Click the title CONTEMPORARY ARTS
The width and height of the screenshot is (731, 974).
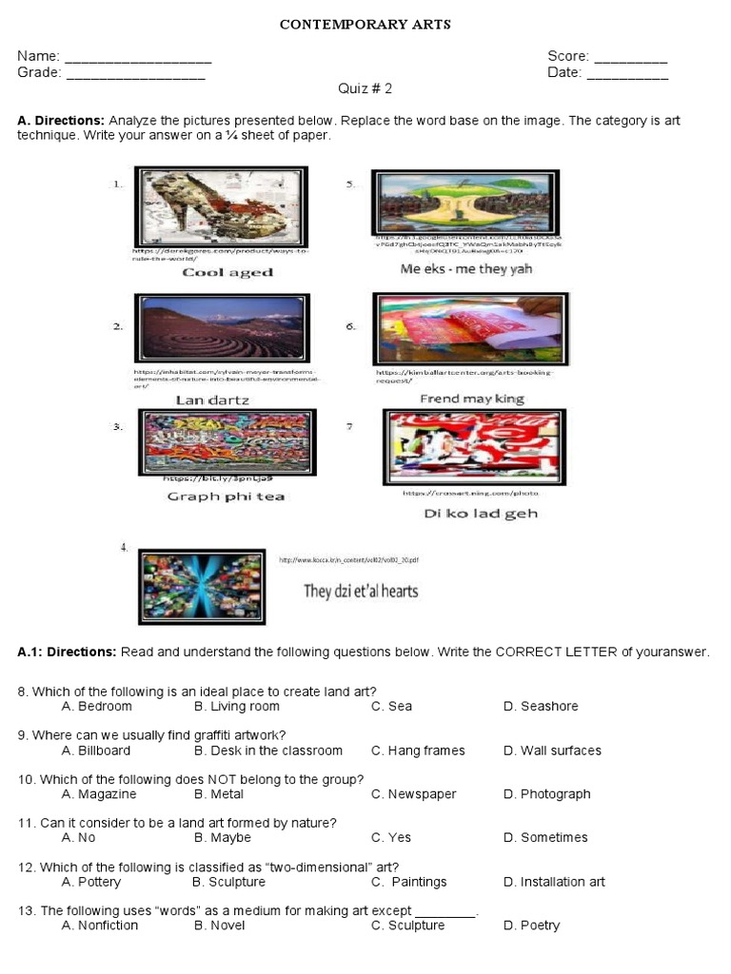pyautogui.click(x=365, y=25)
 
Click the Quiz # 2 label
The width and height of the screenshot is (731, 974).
pyautogui.click(x=365, y=88)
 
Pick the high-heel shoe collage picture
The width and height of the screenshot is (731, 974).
pyautogui.click(x=221, y=207)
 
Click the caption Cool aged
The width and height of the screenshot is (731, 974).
pyautogui.click(x=227, y=272)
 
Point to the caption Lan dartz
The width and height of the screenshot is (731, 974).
pyautogui.click(x=212, y=400)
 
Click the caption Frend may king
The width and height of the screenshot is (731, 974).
pyautogui.click(x=472, y=399)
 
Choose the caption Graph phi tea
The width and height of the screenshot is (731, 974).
pyautogui.click(x=226, y=496)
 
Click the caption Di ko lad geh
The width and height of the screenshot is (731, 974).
pyautogui.click(x=481, y=514)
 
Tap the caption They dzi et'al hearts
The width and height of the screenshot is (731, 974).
pyautogui.click(x=361, y=591)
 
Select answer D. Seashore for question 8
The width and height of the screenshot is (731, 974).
pyautogui.click(x=541, y=707)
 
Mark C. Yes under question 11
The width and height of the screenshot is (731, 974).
pyautogui.click(x=391, y=838)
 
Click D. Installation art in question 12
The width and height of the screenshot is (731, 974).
pyautogui.click(x=554, y=882)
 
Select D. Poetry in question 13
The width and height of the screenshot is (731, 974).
pyautogui.click(x=531, y=925)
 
